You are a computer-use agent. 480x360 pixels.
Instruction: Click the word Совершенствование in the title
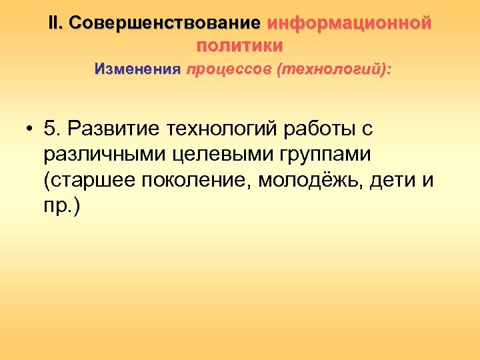tap(165, 23)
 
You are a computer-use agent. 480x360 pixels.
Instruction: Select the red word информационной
tap(349, 23)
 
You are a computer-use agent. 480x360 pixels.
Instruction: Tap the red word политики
tap(240, 46)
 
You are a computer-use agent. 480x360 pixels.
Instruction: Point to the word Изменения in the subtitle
tap(137, 69)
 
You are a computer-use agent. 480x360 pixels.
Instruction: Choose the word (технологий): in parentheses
tap(333, 69)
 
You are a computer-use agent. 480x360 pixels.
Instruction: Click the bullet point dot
tap(31, 127)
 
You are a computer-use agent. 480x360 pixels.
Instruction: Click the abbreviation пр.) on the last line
tap(61, 207)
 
